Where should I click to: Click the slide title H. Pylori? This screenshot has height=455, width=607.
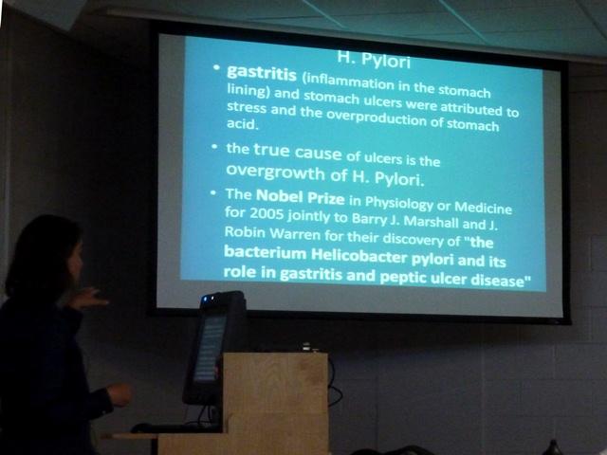coord(374,60)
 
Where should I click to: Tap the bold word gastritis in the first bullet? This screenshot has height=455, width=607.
coord(262,73)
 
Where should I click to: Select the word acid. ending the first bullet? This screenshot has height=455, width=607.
coord(243,124)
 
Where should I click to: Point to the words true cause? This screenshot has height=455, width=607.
coord(297,152)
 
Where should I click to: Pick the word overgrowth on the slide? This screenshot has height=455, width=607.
coord(275,173)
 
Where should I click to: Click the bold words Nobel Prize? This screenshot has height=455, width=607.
coord(300,197)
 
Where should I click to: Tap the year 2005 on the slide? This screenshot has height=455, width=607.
coord(267,213)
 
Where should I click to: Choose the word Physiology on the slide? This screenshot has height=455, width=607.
coord(399,204)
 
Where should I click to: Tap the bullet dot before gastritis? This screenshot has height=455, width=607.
coord(216,67)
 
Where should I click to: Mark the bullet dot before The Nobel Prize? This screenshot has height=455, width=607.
coord(212,192)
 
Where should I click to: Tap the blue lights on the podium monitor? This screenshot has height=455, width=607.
coord(208,299)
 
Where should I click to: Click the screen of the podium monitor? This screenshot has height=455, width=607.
coord(210,348)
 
